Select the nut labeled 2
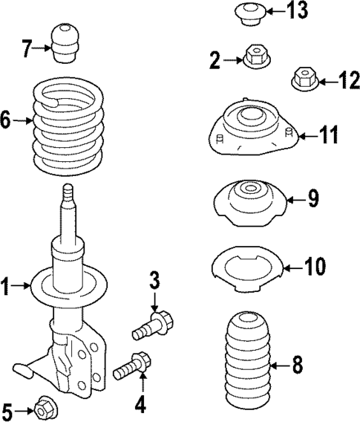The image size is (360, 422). [255, 56]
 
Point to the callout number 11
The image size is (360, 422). [328, 135]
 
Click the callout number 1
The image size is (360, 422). [7, 285]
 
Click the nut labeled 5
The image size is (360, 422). [43, 408]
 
